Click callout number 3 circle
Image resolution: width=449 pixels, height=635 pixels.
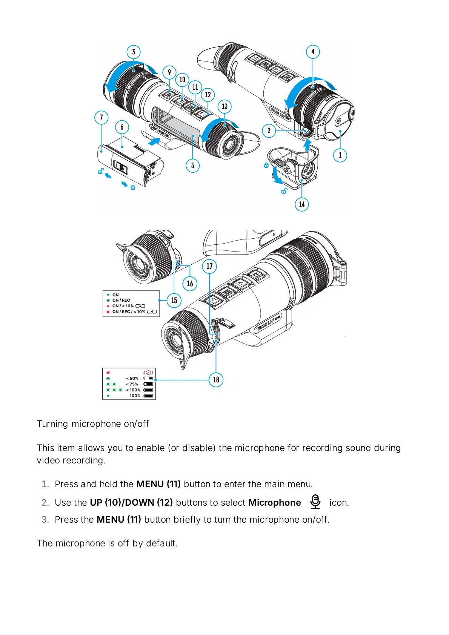point(134,52)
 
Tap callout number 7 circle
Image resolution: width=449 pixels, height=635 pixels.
point(101,117)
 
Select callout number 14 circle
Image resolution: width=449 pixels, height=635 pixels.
point(301,204)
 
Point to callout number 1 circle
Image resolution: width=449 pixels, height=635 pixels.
point(340,155)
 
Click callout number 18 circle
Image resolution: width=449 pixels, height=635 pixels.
point(216,380)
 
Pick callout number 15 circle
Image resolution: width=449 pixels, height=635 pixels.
point(174,301)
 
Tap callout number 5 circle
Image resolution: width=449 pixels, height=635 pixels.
point(192,165)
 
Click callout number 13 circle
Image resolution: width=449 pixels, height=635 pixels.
point(224,106)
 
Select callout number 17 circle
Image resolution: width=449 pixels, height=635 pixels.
point(209,266)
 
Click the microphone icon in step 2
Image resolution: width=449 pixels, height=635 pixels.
point(315,502)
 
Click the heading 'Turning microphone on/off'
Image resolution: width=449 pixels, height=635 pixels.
point(93,424)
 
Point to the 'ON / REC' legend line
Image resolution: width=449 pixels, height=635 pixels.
point(121,300)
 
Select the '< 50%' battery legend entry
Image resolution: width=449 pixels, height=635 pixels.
point(132,378)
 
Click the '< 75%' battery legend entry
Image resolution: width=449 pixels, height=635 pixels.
point(132,384)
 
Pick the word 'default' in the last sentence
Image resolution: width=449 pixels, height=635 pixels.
point(161,543)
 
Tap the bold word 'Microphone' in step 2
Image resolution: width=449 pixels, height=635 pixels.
point(274,503)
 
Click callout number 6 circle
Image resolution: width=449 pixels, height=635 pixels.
point(122,127)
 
